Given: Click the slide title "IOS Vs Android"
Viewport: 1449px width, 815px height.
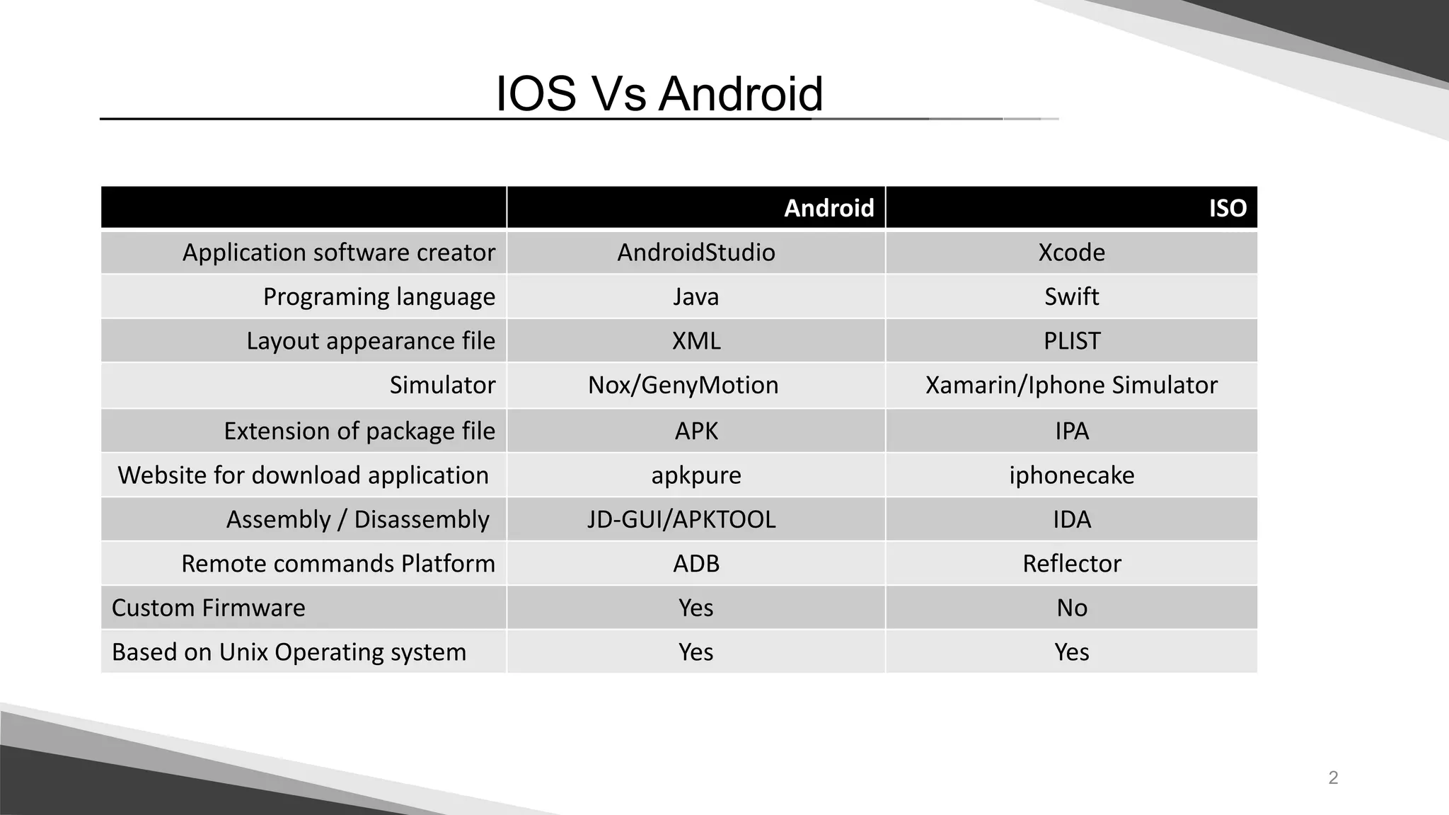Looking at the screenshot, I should tap(659, 94).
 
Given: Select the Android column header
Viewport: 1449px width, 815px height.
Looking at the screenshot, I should tap(829, 208).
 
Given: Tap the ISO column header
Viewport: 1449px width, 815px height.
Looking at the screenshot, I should tap(1227, 208).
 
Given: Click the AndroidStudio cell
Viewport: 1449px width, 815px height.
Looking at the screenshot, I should tap(695, 253).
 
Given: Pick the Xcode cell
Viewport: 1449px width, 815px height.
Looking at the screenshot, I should tap(1071, 253).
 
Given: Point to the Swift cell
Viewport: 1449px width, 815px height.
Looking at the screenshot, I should tap(1071, 296).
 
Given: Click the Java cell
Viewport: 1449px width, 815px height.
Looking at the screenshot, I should tap(695, 296).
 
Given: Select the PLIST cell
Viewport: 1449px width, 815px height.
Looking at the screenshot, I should tap(1071, 341).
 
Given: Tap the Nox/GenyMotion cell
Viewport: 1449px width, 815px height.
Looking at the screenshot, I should tap(683, 385).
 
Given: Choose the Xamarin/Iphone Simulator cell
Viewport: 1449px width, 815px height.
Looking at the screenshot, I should tap(1071, 385).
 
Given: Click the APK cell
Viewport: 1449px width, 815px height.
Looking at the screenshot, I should tap(695, 431).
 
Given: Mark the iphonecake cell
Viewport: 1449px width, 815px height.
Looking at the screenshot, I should tap(1071, 475).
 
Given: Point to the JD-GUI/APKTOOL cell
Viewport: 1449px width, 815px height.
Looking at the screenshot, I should tap(681, 519).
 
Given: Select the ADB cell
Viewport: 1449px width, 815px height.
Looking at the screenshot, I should tap(695, 563).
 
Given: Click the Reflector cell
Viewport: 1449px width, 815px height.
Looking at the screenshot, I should tap(1071, 563).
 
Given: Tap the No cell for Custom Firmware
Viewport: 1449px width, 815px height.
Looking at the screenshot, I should tap(1071, 608).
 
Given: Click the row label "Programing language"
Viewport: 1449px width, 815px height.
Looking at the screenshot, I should tap(379, 296).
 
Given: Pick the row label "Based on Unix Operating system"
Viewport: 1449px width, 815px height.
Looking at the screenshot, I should tap(289, 652).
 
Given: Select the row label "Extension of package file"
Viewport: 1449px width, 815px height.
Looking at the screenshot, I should tap(359, 431).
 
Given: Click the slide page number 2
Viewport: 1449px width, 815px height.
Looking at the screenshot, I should tap(1333, 778).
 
